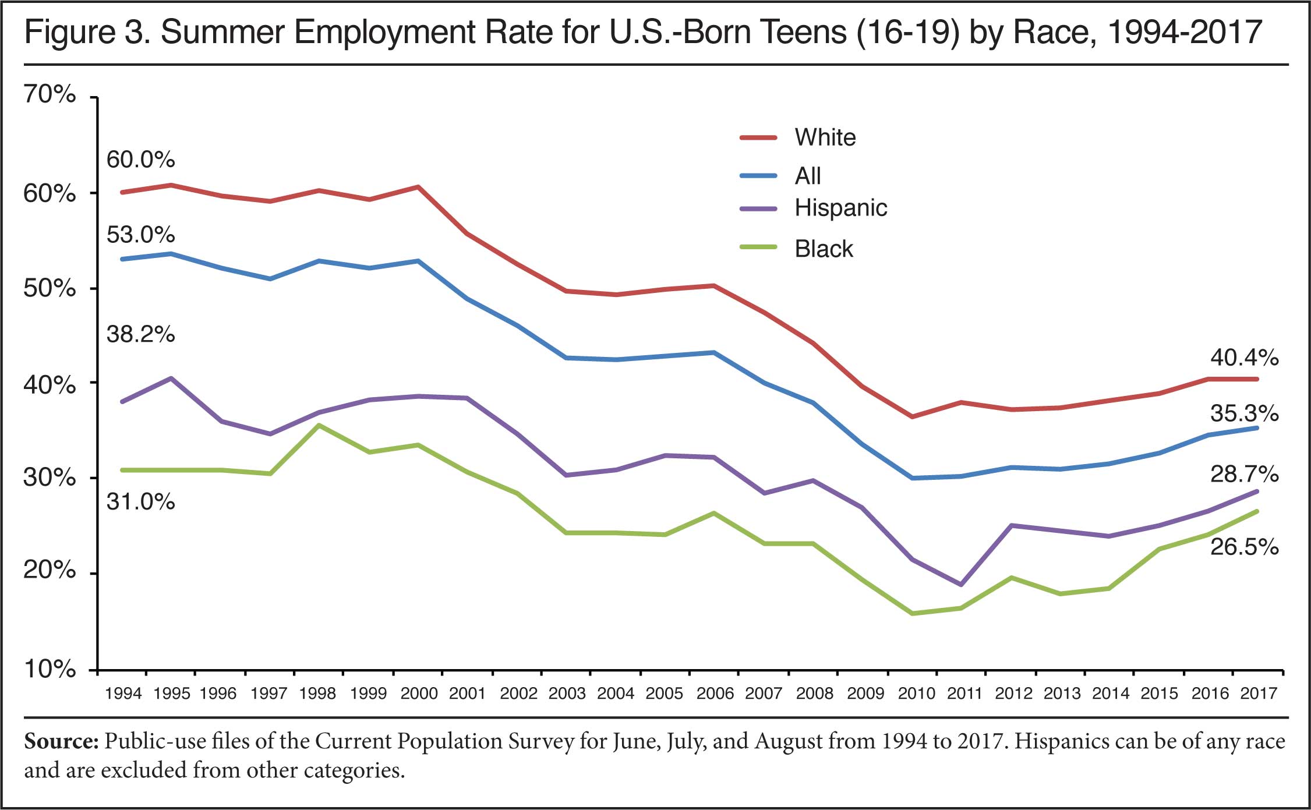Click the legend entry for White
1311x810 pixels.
pyautogui.click(x=825, y=138)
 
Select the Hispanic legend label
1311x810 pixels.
pyautogui.click(x=840, y=208)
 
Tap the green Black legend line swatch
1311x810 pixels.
pyautogui.click(x=758, y=247)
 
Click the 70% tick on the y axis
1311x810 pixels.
pyautogui.click(x=50, y=94)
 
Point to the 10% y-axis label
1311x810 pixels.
pyautogui.click(x=50, y=670)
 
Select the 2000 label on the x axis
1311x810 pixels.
pyautogui.click(x=419, y=694)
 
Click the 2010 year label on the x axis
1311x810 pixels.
pyautogui.click(x=916, y=694)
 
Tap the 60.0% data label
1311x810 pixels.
pyautogui.click(x=140, y=160)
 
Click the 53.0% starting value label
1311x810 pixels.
pyautogui.click(x=140, y=235)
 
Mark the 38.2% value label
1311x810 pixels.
pyautogui.click(x=140, y=335)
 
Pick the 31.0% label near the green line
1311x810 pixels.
pyautogui.click(x=140, y=502)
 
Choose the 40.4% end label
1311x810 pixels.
pyautogui.click(x=1244, y=358)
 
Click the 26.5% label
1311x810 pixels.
pyautogui.click(x=1244, y=547)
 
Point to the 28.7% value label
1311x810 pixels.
pyautogui.click(x=1244, y=475)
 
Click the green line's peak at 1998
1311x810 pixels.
pyautogui.click(x=319, y=425)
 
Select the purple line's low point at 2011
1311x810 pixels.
pyautogui.click(x=961, y=585)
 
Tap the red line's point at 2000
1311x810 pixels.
pyautogui.click(x=419, y=187)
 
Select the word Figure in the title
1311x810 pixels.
pyautogui.click(x=69, y=33)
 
